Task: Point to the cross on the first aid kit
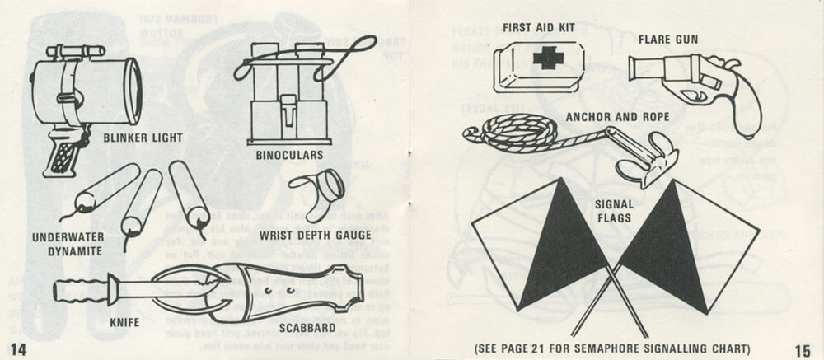pos(545,59)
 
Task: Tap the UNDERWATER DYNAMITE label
pos(68,243)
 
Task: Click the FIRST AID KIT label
pos(541,28)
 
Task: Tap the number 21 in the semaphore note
pos(566,348)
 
